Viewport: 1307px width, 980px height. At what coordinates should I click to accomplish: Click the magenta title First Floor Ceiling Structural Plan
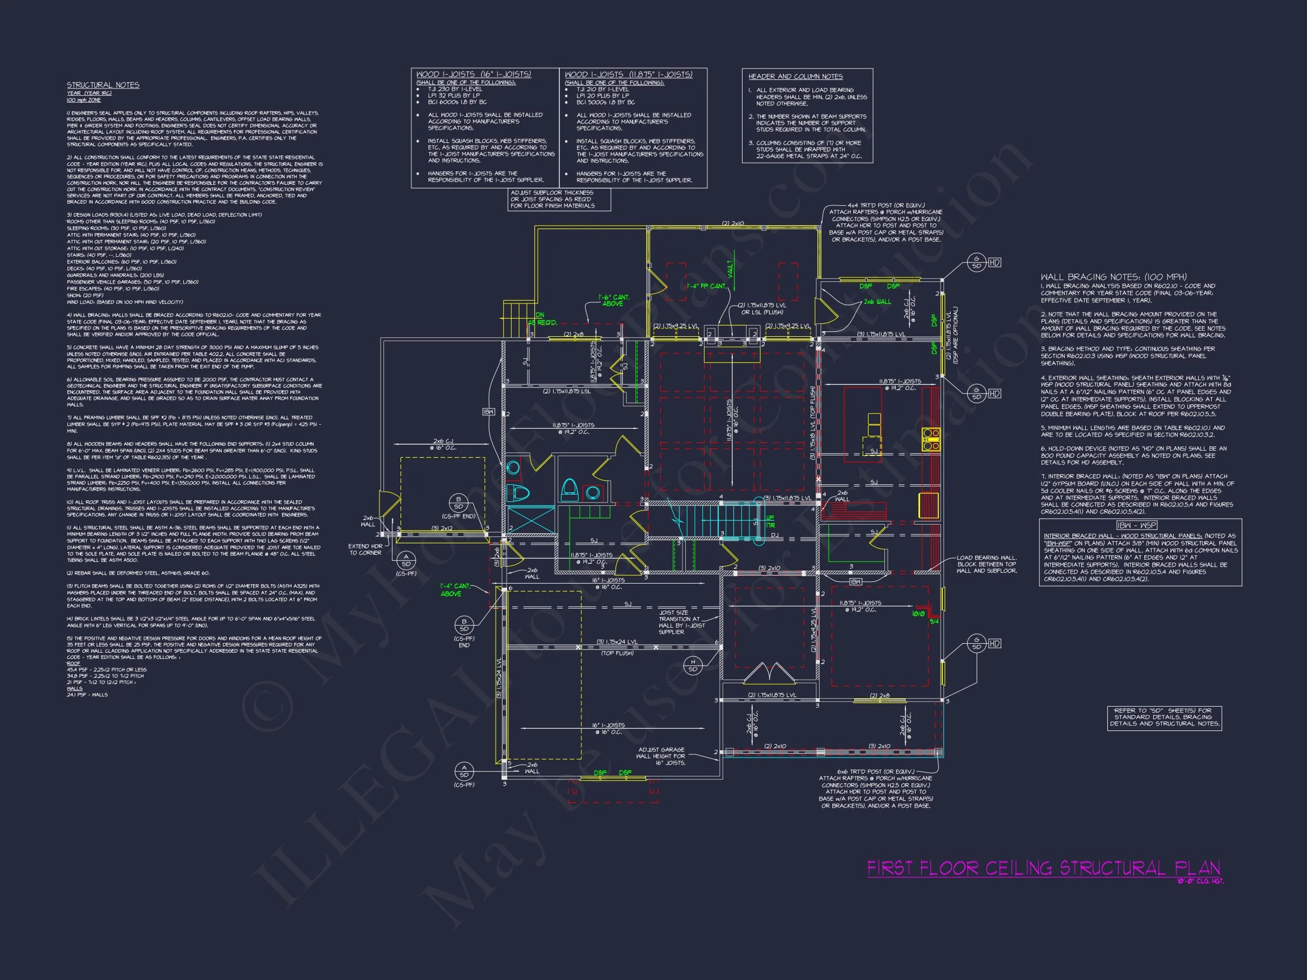click(x=1043, y=868)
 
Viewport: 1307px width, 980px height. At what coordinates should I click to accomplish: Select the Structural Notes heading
click(x=103, y=85)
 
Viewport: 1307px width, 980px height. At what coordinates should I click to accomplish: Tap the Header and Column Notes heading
click(x=795, y=77)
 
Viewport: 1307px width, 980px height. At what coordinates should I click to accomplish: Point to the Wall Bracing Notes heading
click(x=1113, y=276)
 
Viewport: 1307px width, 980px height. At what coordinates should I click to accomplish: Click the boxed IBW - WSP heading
click(x=1136, y=525)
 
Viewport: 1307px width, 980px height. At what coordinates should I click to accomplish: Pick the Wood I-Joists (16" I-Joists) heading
click(x=473, y=74)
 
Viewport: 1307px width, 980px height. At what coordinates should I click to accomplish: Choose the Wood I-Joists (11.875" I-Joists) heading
click(x=628, y=74)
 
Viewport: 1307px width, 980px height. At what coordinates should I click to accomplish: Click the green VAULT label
click(x=730, y=269)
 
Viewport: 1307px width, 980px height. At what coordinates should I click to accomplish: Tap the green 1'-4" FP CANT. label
click(x=706, y=286)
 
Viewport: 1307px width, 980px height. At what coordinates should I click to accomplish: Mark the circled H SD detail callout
click(x=693, y=665)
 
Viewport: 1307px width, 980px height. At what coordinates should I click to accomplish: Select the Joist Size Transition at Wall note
click(x=679, y=622)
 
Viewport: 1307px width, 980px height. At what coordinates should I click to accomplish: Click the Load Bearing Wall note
click(x=986, y=564)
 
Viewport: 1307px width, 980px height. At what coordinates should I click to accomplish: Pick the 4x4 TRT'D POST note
click(x=885, y=222)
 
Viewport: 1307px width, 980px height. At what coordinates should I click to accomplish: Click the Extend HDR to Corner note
click(x=365, y=550)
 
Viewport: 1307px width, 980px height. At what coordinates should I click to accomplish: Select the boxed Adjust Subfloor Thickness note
click(x=558, y=199)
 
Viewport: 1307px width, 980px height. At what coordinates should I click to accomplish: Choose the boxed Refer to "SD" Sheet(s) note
click(x=1163, y=716)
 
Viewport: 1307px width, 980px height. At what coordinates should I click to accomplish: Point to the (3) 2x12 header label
click(x=442, y=528)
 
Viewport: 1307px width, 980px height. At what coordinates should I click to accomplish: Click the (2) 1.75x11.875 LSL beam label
click(x=566, y=391)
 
